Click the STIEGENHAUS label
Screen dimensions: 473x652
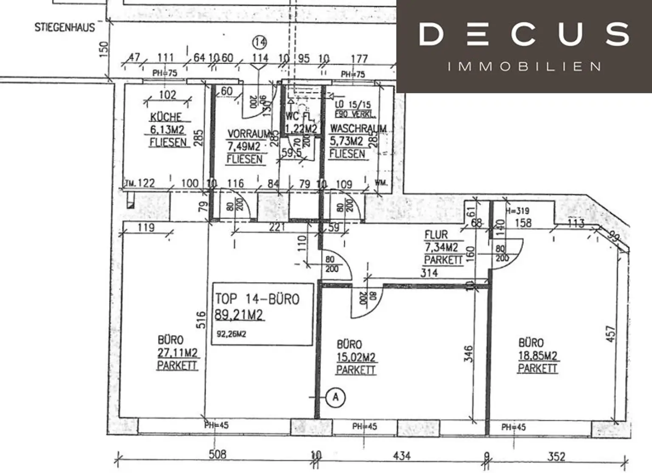point(65,28)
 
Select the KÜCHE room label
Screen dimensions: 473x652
point(166,117)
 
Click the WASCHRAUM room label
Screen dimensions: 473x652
point(358,128)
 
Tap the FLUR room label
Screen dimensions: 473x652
point(436,235)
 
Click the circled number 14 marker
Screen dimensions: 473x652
point(259,42)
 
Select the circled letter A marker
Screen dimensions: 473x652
point(335,397)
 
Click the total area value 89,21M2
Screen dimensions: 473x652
point(239,315)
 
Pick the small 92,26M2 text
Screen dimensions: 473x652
point(231,334)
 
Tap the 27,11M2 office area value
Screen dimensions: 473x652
point(177,353)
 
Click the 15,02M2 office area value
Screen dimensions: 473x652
point(356,358)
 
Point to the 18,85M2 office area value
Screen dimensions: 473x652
point(537,356)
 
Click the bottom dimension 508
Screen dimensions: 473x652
point(217,455)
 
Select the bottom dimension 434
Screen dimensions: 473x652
point(401,456)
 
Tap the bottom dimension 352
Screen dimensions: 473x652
point(556,456)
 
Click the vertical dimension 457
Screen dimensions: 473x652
point(610,335)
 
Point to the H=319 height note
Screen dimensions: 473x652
point(517,211)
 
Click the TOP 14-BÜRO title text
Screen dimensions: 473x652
point(257,299)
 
